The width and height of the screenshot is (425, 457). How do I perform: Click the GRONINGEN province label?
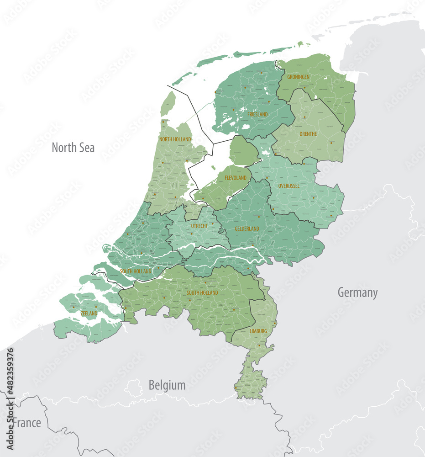[298, 77]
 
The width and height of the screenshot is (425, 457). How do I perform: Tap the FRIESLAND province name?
[257, 114]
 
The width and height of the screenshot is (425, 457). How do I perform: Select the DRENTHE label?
[309, 134]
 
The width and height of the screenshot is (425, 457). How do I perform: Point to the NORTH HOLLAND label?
[175, 139]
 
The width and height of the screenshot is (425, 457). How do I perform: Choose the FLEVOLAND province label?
[236, 178]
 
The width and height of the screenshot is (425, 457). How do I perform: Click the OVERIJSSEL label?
[289, 186]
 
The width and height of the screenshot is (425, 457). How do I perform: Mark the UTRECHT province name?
[199, 226]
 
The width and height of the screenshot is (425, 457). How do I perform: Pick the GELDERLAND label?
[247, 228]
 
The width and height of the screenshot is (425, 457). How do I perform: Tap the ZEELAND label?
[89, 314]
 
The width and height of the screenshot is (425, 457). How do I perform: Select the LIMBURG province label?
[258, 331]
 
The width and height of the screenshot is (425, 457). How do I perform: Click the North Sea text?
[73, 148]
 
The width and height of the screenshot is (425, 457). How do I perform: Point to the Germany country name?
[357, 292]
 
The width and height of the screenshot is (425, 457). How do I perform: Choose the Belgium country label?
[167, 385]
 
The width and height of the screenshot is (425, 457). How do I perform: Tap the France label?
[26, 423]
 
